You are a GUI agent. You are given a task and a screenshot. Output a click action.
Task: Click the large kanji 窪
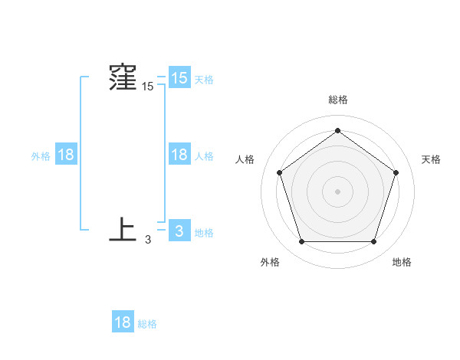pos(123,78)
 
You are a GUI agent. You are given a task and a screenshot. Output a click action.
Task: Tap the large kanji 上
pos(123,230)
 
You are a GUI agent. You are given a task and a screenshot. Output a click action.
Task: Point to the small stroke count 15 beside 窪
pos(147,87)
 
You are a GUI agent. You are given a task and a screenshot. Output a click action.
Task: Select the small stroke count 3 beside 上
pos(148,240)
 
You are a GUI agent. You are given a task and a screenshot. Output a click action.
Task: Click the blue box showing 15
pos(179,77)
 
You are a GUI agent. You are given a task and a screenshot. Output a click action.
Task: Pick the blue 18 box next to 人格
pos(179,155)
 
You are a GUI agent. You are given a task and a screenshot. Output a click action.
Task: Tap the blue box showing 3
pos(179,231)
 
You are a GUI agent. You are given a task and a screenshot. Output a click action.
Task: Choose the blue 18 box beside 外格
pos(66,155)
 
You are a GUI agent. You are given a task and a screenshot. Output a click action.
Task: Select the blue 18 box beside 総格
pos(123,322)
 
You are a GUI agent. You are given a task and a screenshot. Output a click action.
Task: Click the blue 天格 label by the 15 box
pos(204,79)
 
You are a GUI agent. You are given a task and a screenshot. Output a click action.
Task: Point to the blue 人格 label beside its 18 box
pos(204,156)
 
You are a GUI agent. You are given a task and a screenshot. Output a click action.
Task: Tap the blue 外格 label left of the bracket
pos(41,156)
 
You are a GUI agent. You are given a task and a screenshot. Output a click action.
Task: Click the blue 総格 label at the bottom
pos(147,324)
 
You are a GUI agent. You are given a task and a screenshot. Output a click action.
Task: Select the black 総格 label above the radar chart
pos(337,100)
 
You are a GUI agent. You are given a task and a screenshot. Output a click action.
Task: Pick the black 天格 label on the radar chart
pos(431,159)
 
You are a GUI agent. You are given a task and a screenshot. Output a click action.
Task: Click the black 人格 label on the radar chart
pos(245,159)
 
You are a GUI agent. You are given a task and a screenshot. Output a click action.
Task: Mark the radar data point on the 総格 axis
pos(337,130)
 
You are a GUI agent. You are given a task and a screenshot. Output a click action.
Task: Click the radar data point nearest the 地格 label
pos(373,242)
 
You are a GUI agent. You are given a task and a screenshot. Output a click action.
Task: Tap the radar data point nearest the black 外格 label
pos(301,242)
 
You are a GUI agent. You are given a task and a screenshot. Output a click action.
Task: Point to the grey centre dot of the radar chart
pos(337,191)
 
